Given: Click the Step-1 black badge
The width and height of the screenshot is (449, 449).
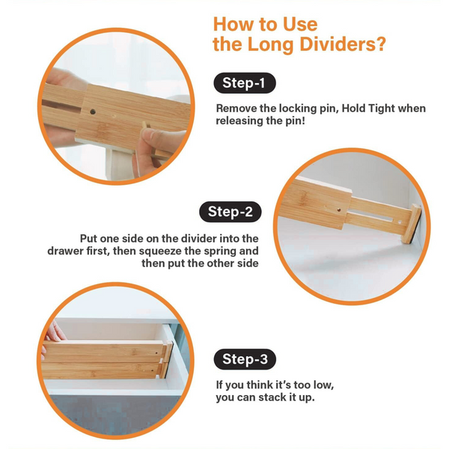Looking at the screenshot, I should (245, 82).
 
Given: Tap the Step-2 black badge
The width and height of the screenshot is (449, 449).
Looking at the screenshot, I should (230, 211).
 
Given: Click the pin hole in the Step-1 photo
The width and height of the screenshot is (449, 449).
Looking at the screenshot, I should (93, 112).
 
